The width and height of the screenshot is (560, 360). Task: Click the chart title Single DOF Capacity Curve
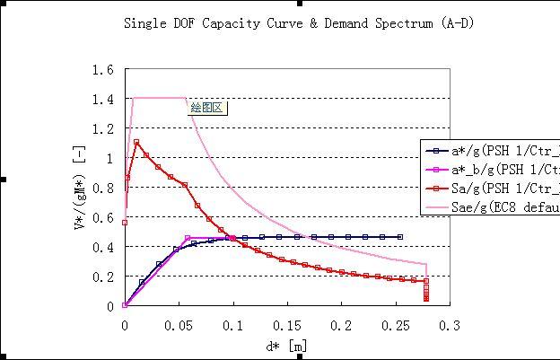tap(298, 22)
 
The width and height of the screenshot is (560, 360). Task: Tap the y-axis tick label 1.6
tap(103, 70)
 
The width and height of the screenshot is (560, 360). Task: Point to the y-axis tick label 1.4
tap(103, 100)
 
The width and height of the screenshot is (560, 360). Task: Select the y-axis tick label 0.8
tap(103, 189)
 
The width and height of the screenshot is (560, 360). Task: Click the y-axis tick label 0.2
tap(103, 277)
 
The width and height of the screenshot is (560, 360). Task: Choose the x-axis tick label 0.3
tap(450, 325)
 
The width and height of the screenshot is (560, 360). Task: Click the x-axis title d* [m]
tap(287, 346)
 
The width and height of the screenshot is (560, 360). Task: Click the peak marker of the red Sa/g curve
tap(136, 142)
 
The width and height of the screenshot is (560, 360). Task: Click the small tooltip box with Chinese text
tap(207, 108)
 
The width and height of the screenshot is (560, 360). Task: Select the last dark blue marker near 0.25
tap(399, 237)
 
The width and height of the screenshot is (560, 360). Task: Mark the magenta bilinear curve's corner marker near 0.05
tap(187, 238)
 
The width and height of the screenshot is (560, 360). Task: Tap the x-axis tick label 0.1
tap(232, 325)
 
